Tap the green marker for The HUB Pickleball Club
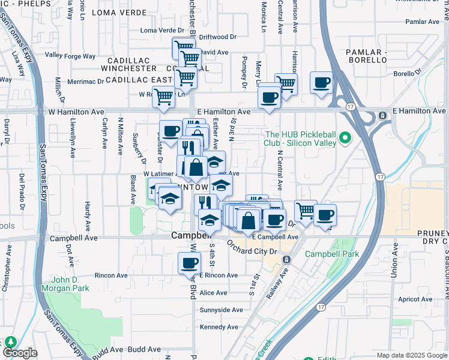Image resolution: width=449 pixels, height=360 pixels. pyautogui.click(x=345, y=139)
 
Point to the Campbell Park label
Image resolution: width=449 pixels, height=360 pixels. pyautogui.click(x=331, y=254)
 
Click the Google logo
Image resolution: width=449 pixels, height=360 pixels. pyautogui.click(x=20, y=353)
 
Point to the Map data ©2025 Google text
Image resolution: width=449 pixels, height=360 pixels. pyautogui.click(x=412, y=355)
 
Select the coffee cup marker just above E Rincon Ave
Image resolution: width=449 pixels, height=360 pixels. pyautogui.click(x=190, y=263)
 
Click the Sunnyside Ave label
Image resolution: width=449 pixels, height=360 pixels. pyautogui.click(x=221, y=310)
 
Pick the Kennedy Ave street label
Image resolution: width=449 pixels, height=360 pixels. pyautogui.click(x=220, y=327)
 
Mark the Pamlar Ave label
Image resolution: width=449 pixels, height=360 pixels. pyautogui.click(x=423, y=22)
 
